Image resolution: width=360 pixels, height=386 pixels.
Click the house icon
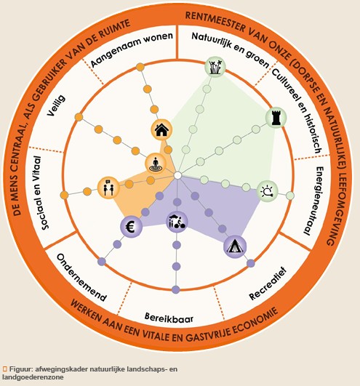[161, 129]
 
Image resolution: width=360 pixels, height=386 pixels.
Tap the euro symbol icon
[131, 227]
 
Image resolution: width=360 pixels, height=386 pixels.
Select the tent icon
[235, 246]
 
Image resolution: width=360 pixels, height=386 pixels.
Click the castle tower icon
[276, 117]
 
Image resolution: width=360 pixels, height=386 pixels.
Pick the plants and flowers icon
[215, 66]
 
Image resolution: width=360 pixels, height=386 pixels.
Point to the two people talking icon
[108, 188]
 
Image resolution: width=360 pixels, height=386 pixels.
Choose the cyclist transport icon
[177, 222]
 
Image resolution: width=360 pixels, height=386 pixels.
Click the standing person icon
[156, 164]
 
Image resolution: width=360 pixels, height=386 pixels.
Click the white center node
[177, 175]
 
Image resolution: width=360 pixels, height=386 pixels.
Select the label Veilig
[57, 105]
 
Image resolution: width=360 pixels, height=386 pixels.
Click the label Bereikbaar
[169, 318]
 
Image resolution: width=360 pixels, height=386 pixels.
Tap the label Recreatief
[268, 284]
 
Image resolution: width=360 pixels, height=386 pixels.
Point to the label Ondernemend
[81, 278]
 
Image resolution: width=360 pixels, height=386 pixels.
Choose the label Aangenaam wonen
[132, 49]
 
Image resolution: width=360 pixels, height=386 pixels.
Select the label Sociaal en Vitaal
[41, 193]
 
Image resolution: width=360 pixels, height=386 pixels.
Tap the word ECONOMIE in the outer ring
[255, 322]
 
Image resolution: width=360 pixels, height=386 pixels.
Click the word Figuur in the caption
[21, 369]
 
